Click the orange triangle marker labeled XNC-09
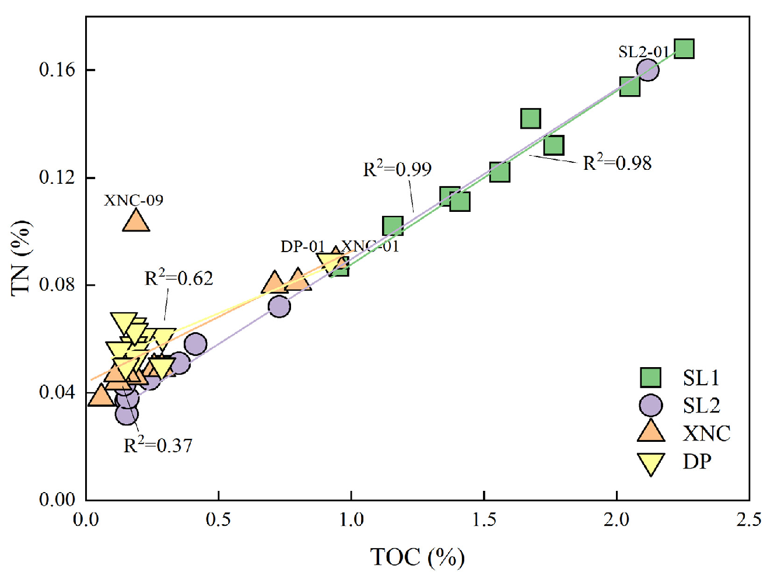point(136,221)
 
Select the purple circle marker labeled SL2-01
point(647,70)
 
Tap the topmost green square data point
point(684,49)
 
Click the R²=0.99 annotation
point(397,169)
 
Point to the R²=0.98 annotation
point(617,163)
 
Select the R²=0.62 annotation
point(178,278)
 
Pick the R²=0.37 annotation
point(157,445)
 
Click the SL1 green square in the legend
point(650,378)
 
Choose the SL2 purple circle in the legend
point(650,405)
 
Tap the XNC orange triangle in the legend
point(650,432)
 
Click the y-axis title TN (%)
point(21,258)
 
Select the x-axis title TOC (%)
point(417,557)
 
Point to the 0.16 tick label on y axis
point(57,70)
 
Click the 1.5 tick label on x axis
point(484,519)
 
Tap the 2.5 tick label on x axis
point(748,519)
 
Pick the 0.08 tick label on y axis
point(57,285)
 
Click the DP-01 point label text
point(302,246)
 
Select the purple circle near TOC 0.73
point(279,306)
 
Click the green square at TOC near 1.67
point(530,118)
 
